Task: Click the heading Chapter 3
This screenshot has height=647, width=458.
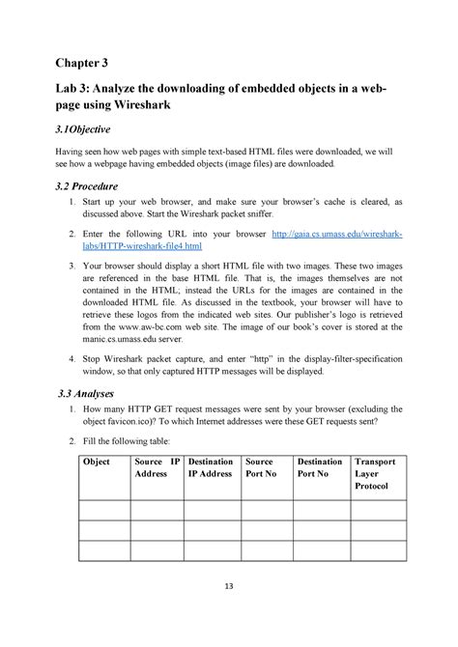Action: click(x=81, y=66)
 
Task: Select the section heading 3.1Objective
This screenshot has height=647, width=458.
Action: click(x=81, y=129)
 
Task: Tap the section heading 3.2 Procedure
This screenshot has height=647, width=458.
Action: click(x=88, y=185)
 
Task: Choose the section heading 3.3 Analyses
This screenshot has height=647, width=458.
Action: click(x=85, y=394)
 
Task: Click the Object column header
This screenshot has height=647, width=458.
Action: click(x=98, y=463)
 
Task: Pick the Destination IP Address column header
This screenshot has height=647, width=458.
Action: click(x=211, y=468)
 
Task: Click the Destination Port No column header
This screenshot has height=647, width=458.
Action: click(x=320, y=468)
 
